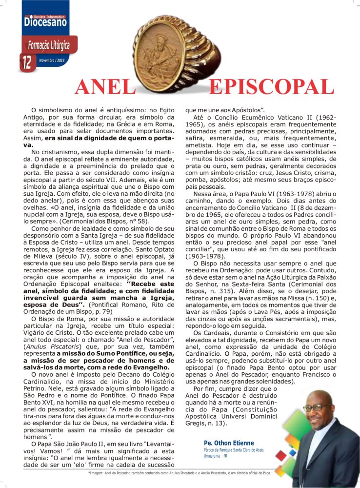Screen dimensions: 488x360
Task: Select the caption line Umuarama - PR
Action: point(216,456)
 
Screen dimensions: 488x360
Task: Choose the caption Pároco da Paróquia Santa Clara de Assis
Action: point(234,450)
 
